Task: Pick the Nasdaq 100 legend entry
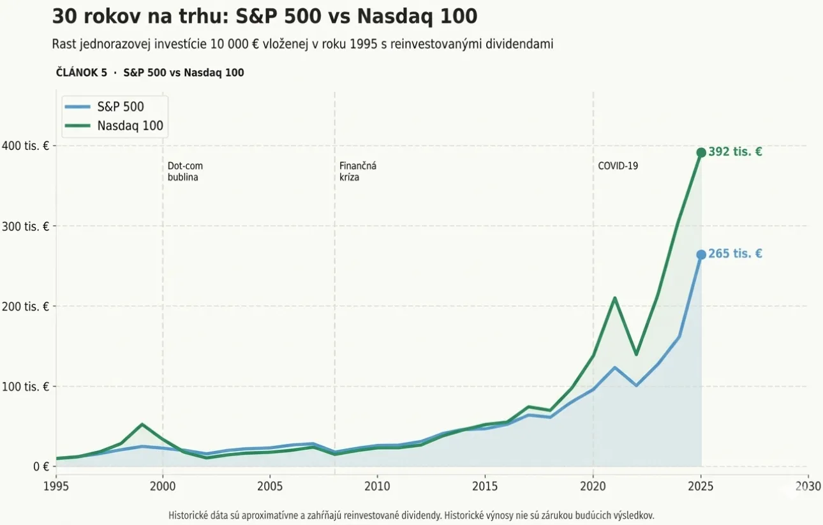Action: [x=130, y=126]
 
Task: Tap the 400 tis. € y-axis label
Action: [x=27, y=146]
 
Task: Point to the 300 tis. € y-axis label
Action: [x=27, y=226]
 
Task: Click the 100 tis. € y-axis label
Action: [x=27, y=387]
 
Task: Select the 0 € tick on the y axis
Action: [x=41, y=466]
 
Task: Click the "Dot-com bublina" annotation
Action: [x=184, y=172]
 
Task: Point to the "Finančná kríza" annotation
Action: [x=357, y=172]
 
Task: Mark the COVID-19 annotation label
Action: [x=618, y=166]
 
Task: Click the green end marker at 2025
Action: [x=701, y=152]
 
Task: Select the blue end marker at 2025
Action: [x=701, y=255]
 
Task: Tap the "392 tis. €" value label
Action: [x=735, y=152]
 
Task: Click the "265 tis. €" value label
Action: [x=735, y=254]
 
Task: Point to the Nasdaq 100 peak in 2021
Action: [x=614, y=298]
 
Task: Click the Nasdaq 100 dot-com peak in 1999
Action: [x=142, y=424]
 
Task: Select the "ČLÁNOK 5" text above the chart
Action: [x=82, y=73]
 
